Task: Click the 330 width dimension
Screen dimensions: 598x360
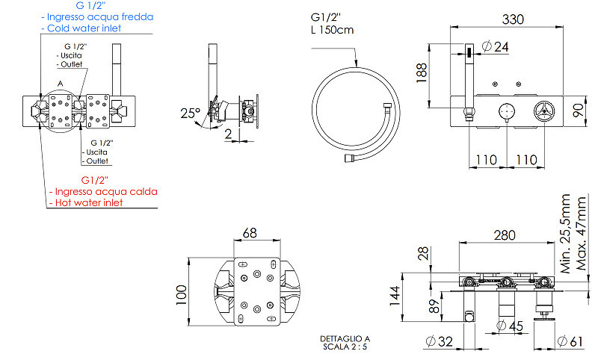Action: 513,19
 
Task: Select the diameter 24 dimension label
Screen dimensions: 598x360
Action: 495,47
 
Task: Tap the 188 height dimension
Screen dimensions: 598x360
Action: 422,72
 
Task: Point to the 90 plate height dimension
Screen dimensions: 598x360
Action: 579,111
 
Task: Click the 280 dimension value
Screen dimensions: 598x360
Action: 505,235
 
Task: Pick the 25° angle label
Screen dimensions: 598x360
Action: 191,113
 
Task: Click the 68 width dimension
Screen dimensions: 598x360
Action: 250,233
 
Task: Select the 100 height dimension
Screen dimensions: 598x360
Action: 181,294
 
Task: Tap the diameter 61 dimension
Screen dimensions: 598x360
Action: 570,341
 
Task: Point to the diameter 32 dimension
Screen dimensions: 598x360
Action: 439,341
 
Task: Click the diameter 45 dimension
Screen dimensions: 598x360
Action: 510,326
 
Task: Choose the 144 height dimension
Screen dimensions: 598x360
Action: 395,296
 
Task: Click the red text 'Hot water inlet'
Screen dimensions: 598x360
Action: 89,202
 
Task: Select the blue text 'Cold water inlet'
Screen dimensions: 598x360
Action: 84,28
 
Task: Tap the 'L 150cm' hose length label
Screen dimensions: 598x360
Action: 332,30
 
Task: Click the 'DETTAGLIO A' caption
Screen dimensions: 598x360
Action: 345,338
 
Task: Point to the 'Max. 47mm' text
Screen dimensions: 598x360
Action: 581,234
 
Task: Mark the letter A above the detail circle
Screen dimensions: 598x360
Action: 60,84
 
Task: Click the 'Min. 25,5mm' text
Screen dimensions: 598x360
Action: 565,234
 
